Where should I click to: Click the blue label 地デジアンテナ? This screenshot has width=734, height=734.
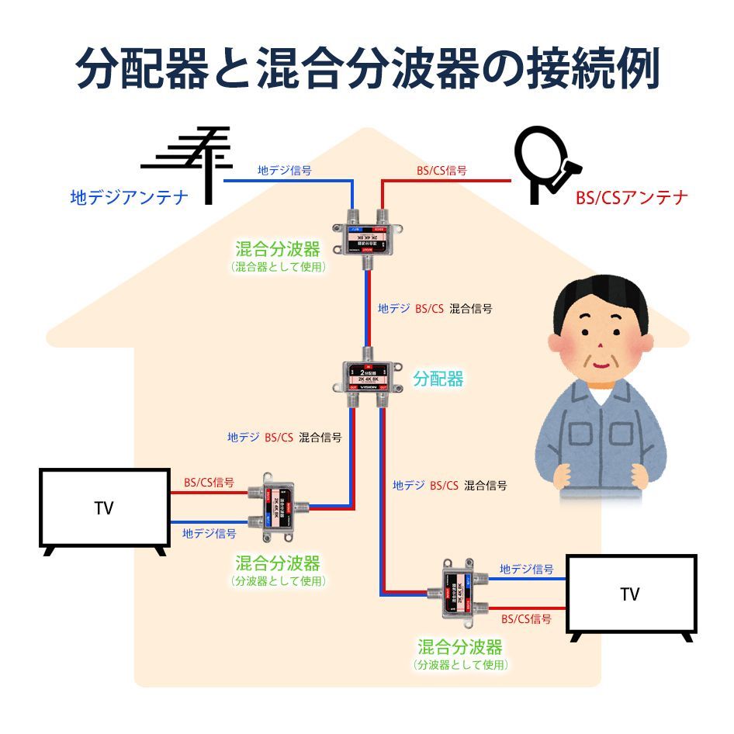(x=130, y=198)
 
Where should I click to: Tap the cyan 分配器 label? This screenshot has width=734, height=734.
(x=438, y=379)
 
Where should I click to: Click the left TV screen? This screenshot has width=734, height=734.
(x=105, y=508)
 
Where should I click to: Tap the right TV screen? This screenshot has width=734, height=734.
(x=631, y=594)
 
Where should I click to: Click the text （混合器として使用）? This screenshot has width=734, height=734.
(x=278, y=266)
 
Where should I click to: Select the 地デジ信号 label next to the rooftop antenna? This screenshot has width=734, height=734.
(x=285, y=170)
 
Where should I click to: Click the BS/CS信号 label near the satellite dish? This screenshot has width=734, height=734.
(x=441, y=170)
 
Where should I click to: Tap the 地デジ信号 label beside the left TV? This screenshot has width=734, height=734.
(x=209, y=533)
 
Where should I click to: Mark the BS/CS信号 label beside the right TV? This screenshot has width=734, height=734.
(x=526, y=618)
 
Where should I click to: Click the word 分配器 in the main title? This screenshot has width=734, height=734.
(x=143, y=69)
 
